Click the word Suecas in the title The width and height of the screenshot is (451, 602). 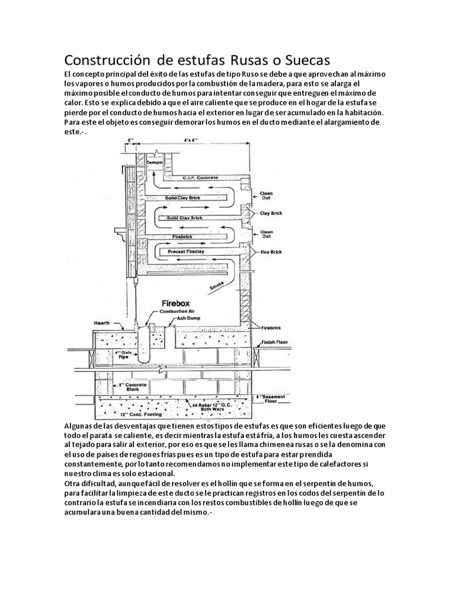[x=304, y=60]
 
